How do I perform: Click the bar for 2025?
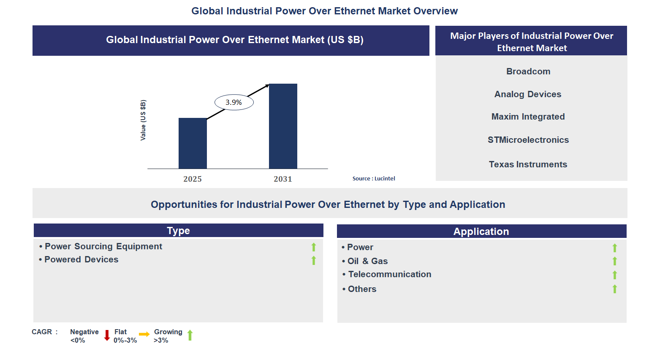[x=193, y=143]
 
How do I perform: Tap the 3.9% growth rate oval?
[x=234, y=102]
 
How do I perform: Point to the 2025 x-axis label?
[x=193, y=179]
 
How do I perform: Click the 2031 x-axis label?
[x=283, y=179]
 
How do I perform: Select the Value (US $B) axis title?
[x=143, y=120]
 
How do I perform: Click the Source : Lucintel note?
[x=374, y=179]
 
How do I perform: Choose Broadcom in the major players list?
[x=528, y=71]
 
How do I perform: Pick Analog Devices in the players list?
[x=528, y=94]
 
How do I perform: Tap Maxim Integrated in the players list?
[x=528, y=117]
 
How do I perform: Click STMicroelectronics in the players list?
[x=528, y=140]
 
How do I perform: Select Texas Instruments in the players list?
[x=528, y=164]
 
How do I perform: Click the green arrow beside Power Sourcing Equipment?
[x=314, y=247]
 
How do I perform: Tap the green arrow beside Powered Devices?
[x=314, y=260]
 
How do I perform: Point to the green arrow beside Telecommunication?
[x=615, y=275]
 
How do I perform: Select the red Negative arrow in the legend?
[x=107, y=335]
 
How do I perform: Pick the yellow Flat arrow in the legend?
[x=144, y=334]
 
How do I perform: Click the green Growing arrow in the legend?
[x=190, y=335]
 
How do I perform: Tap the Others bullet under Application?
[x=362, y=289]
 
